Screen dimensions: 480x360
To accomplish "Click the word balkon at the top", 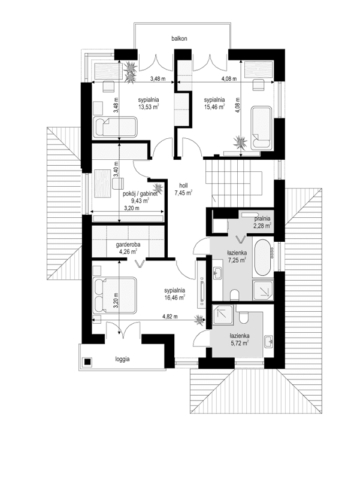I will (179, 39).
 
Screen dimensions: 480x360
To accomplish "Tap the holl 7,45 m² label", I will (183, 189).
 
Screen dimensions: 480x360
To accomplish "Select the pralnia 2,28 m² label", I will (262, 221).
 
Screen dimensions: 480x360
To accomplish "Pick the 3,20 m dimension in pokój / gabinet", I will (132, 209).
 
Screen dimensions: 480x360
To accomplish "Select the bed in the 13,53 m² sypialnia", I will (114, 126).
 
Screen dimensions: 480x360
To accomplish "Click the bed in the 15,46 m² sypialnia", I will (261, 126).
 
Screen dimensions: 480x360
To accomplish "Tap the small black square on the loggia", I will (88, 361).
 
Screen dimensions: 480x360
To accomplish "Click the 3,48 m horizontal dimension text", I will (158, 78).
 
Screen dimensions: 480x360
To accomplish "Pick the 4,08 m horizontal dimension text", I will (229, 78).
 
